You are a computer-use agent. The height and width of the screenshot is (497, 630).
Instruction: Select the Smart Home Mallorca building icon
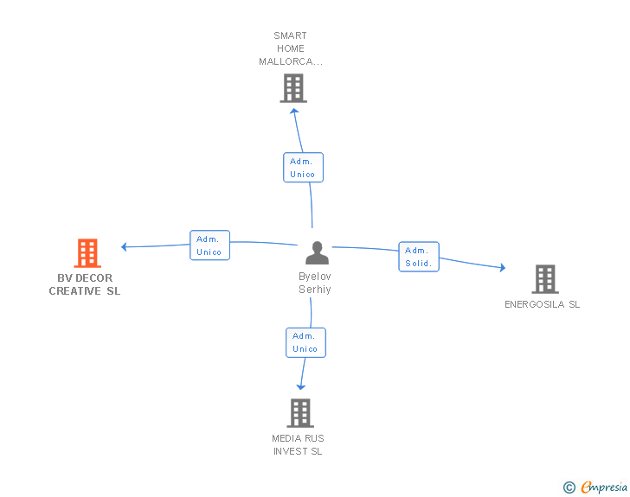tap(293, 87)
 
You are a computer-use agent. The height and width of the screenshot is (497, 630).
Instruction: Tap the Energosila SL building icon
tap(544, 279)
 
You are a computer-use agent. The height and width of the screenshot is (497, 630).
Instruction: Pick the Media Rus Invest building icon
tap(299, 413)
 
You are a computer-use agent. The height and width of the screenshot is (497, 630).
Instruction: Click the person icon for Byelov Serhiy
tap(317, 253)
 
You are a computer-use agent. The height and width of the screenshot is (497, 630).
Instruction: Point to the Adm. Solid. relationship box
tap(419, 257)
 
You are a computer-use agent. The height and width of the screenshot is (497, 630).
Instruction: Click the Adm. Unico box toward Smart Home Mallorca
tap(303, 168)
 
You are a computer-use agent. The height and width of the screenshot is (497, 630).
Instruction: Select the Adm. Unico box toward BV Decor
tap(209, 245)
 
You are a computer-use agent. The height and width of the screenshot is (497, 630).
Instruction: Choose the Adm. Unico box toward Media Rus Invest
tap(305, 342)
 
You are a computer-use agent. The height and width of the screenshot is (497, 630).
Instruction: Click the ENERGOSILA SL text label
tap(543, 304)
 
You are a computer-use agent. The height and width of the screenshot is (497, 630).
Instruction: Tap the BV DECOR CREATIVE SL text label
tap(85, 285)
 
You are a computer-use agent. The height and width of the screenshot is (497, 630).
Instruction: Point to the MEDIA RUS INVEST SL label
tap(298, 445)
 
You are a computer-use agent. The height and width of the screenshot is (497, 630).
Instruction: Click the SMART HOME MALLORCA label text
tap(291, 48)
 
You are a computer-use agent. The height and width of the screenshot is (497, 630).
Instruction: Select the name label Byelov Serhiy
tap(315, 283)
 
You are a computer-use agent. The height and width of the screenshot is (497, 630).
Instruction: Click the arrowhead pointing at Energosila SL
tap(502, 268)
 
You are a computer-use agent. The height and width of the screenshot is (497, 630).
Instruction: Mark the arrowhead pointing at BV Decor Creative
tap(125, 246)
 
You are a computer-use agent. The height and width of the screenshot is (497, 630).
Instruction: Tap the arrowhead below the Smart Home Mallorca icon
tap(294, 110)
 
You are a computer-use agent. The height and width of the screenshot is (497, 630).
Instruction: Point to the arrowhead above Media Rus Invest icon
tap(301, 386)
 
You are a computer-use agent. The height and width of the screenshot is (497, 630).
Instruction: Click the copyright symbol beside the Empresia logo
tap(569, 488)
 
